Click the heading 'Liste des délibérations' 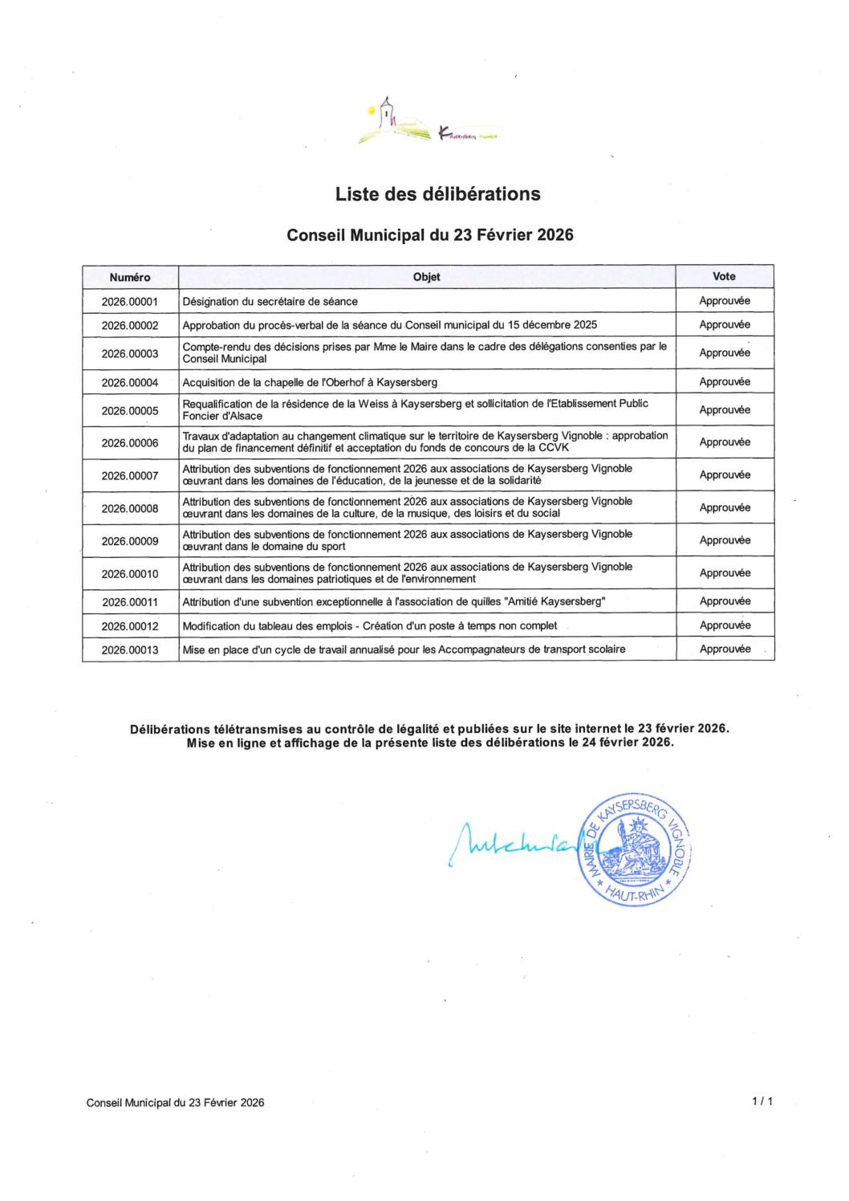click(x=437, y=194)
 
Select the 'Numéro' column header click(x=130, y=277)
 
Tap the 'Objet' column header click(x=426, y=277)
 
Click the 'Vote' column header click(x=724, y=276)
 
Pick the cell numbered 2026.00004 click(x=130, y=382)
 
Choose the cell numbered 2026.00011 click(x=130, y=602)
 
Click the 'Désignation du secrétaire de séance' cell click(x=270, y=302)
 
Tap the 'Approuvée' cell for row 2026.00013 click(x=725, y=649)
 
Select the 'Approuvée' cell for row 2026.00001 click(x=725, y=301)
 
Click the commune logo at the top click(x=429, y=124)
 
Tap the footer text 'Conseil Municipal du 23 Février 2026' click(x=175, y=1103)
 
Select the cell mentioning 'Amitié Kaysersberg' click(x=394, y=602)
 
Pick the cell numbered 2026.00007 click(x=130, y=476)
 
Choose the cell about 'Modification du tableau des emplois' click(x=369, y=626)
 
